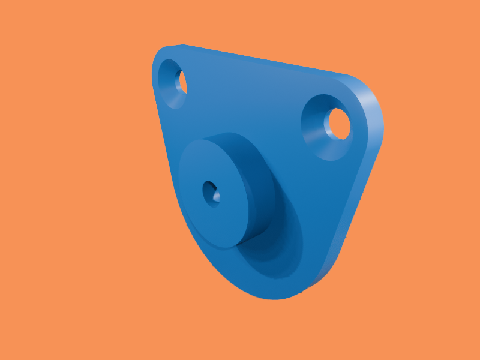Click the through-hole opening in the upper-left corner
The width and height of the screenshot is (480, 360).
click(x=181, y=82)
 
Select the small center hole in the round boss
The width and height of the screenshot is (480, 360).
click(x=211, y=193)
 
